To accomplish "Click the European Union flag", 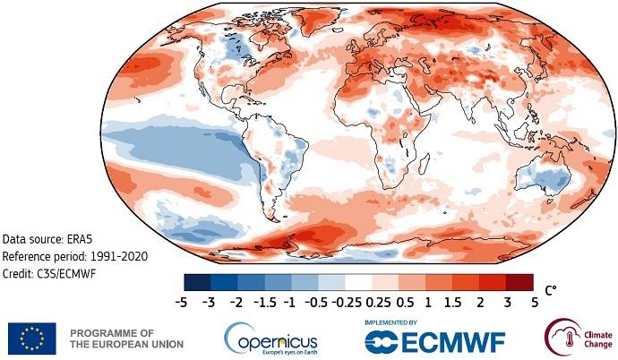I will (33, 339).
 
